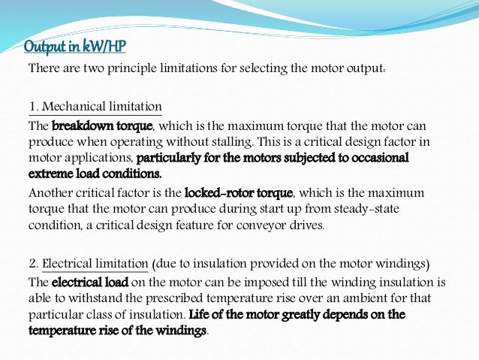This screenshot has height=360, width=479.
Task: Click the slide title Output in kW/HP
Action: coord(75,48)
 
